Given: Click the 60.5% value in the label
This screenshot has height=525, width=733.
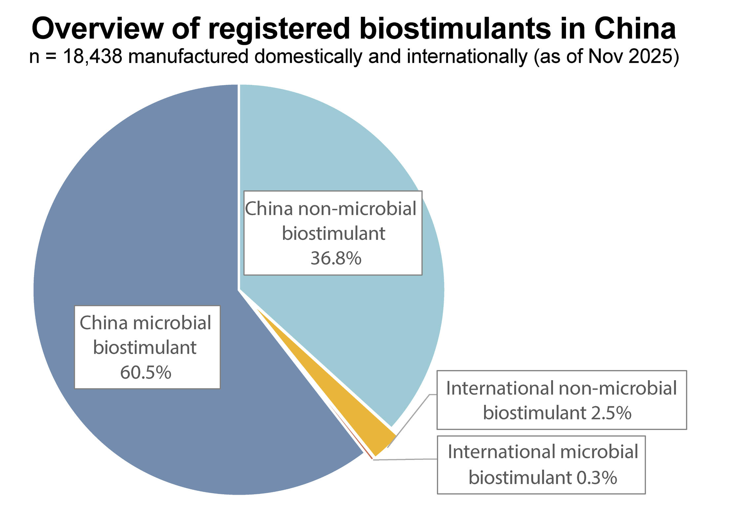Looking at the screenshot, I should tap(146, 373).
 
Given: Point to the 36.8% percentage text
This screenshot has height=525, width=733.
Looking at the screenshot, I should tap(336, 258).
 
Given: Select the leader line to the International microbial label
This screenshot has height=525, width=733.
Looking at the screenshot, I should tap(406, 459).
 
